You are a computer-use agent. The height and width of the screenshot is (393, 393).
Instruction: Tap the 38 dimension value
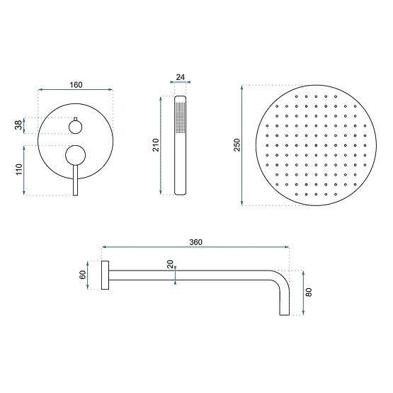click(x=18, y=125)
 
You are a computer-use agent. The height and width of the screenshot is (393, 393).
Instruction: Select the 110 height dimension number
click(x=18, y=170)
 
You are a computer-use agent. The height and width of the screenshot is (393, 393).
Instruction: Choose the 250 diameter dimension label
click(x=238, y=144)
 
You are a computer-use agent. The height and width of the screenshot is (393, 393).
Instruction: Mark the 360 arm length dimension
click(x=196, y=242)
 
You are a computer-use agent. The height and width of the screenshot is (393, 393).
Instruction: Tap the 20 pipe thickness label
click(x=170, y=265)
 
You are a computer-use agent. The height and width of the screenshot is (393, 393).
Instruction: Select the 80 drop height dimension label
click(x=309, y=292)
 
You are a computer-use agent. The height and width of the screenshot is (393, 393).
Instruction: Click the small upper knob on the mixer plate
click(x=74, y=127)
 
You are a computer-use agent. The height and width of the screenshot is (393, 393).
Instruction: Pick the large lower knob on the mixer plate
click(x=74, y=154)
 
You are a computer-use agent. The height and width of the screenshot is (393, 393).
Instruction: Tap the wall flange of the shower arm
click(x=105, y=275)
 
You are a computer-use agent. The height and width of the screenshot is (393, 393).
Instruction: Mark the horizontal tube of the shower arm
click(x=191, y=271)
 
